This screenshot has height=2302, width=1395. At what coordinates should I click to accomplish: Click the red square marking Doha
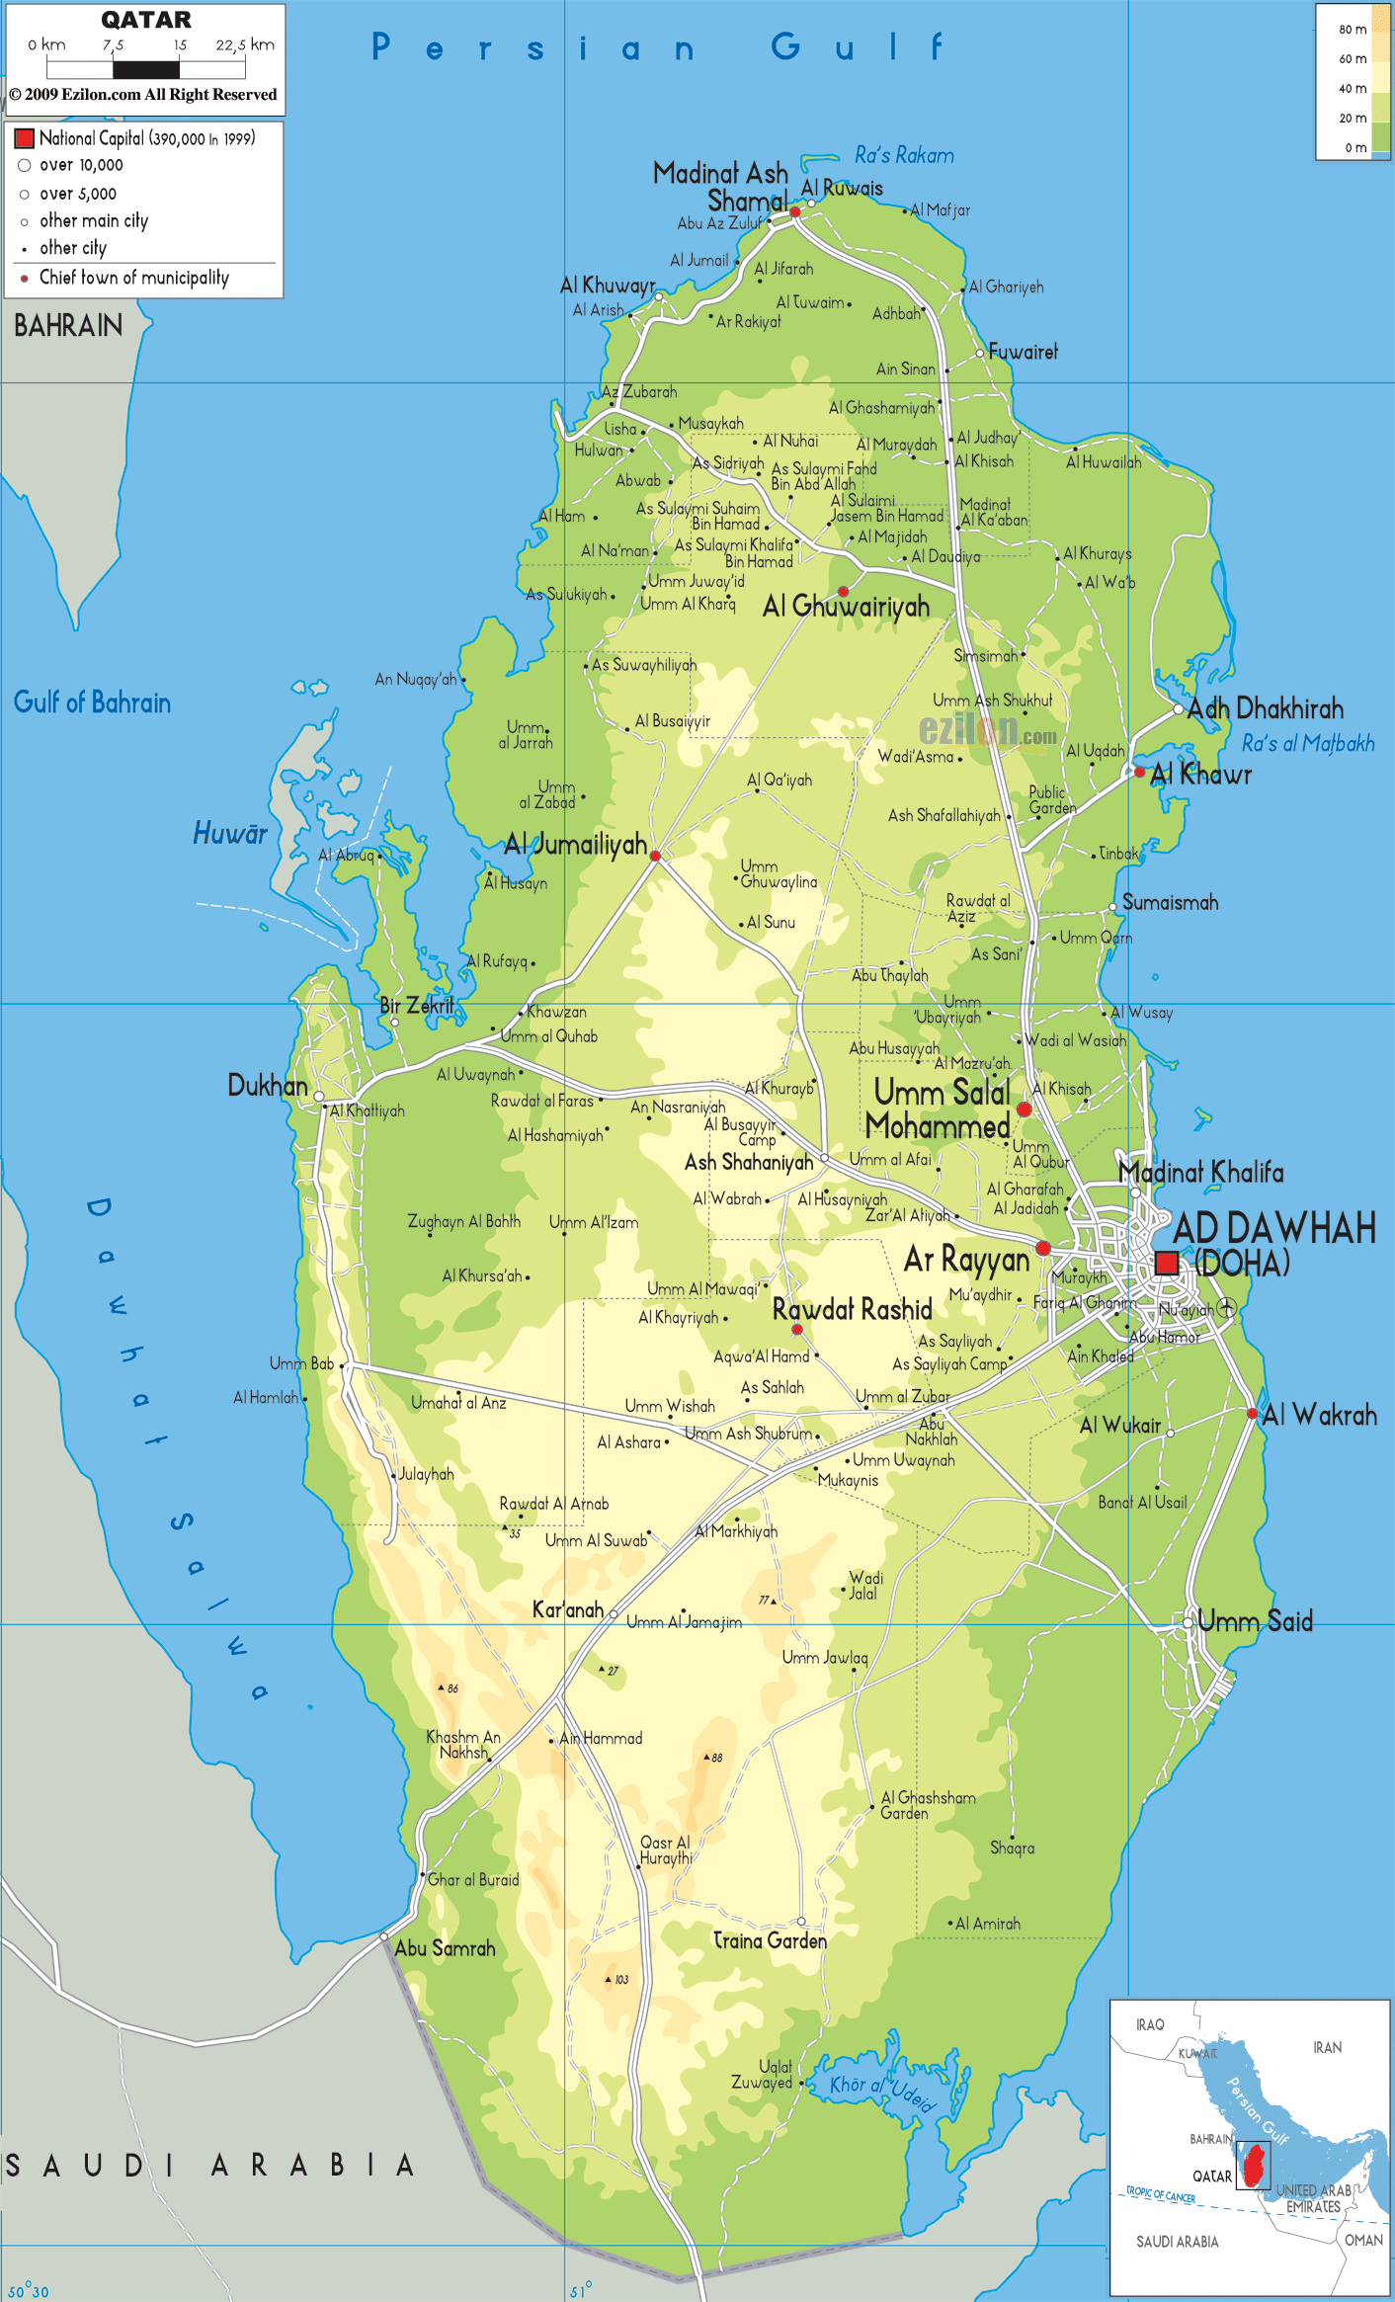point(1167,1263)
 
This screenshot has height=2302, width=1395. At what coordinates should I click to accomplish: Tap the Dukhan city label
point(268,1086)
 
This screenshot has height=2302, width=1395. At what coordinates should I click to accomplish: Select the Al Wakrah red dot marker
point(1252,1414)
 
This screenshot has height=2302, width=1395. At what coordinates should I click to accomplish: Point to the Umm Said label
point(1255,1621)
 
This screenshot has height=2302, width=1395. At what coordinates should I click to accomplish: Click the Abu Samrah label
point(445,1948)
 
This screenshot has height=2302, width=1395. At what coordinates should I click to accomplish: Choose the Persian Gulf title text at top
point(658,46)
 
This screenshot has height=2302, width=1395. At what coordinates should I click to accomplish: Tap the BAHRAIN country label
point(68,326)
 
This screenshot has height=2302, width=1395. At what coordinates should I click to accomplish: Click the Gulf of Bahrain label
point(92,703)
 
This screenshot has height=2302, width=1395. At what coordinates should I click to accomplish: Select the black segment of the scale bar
point(146,70)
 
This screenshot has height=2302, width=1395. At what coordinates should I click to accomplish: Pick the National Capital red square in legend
point(25,138)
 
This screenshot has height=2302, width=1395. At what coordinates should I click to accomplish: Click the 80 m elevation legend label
point(1353,30)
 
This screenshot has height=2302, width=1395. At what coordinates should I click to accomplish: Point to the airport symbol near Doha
point(1226,1307)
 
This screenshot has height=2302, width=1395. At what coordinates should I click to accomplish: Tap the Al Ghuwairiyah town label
point(846,607)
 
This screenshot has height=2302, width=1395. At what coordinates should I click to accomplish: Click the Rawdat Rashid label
point(852,1310)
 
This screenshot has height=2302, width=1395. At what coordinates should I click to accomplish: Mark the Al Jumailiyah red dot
point(655,856)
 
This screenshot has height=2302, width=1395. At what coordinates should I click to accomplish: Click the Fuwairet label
point(1023,352)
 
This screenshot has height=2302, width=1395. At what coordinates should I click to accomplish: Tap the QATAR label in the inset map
point(1211,2177)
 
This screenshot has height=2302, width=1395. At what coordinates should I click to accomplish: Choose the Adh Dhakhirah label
point(1265,708)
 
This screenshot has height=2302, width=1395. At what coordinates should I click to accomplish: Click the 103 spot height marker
point(609,1980)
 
